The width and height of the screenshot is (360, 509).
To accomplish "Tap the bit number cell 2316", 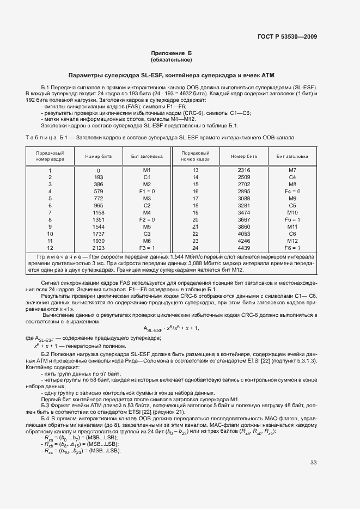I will tap(244, 170).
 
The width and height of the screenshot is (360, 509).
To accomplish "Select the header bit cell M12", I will tap(292, 241).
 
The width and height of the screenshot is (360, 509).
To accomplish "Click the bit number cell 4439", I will tap(244, 248).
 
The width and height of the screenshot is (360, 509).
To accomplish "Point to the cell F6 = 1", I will tap(292, 248).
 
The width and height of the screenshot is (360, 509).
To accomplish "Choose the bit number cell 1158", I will tap(99, 213).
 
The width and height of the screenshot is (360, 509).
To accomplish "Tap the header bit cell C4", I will tap(292, 177).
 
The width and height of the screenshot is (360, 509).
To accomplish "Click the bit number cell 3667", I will tap(244, 220).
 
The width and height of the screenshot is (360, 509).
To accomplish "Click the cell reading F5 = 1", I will tap(292, 220).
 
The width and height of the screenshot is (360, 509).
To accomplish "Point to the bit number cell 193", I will tap(99, 177).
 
